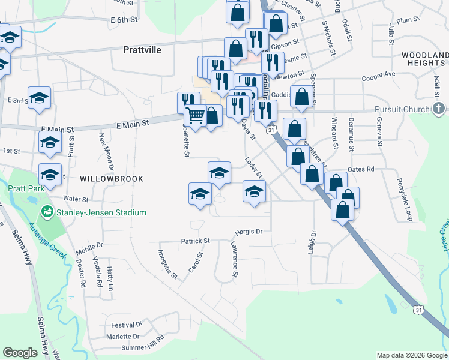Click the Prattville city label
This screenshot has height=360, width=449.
pyautogui.click(x=142, y=50)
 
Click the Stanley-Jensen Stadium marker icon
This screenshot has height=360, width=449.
pyautogui.click(x=46, y=212)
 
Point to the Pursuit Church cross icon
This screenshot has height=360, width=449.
pyautogui.click(x=439, y=109)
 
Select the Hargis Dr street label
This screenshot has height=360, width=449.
pyautogui.click(x=249, y=231)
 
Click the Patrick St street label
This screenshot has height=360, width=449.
pyautogui.click(x=195, y=241)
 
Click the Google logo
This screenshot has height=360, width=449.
pyautogui.click(x=20, y=353)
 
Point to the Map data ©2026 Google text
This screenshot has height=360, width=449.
pyautogui.click(x=411, y=355)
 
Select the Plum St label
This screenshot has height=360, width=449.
pyautogui.click(x=408, y=20)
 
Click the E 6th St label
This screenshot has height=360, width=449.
pyautogui.click(x=124, y=20)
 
